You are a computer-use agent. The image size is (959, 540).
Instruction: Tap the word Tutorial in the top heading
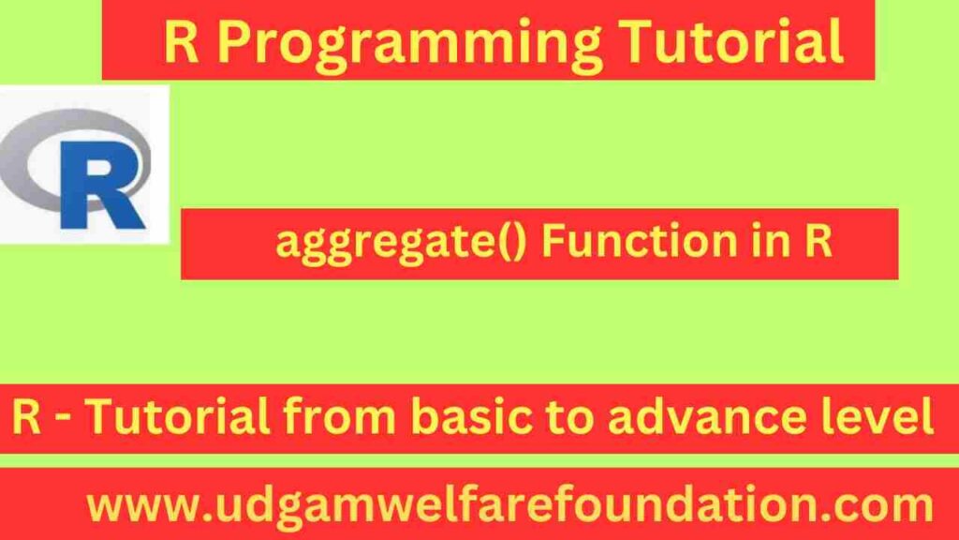click(734, 41)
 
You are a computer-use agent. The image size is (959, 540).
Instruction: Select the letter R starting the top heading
click(181, 43)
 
